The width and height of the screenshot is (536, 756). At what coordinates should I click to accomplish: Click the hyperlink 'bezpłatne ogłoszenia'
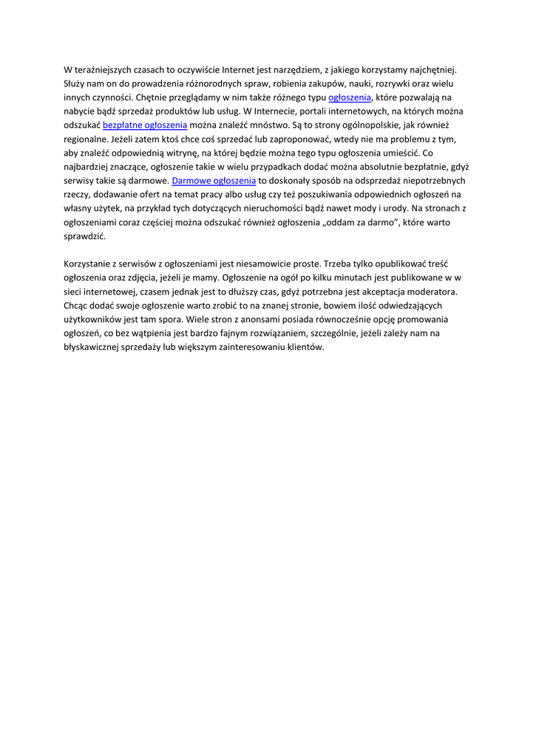click(x=145, y=125)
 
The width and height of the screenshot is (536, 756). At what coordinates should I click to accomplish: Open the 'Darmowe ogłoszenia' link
click(x=214, y=180)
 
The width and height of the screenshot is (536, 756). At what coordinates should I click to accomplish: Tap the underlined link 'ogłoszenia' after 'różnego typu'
click(x=349, y=97)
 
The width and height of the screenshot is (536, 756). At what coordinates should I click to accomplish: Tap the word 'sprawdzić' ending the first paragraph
click(x=84, y=236)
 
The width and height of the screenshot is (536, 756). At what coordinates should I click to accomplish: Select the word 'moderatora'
click(x=432, y=292)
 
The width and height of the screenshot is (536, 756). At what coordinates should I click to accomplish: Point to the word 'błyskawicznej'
click(x=92, y=347)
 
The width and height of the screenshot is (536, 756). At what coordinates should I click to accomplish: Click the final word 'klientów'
click(x=306, y=347)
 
